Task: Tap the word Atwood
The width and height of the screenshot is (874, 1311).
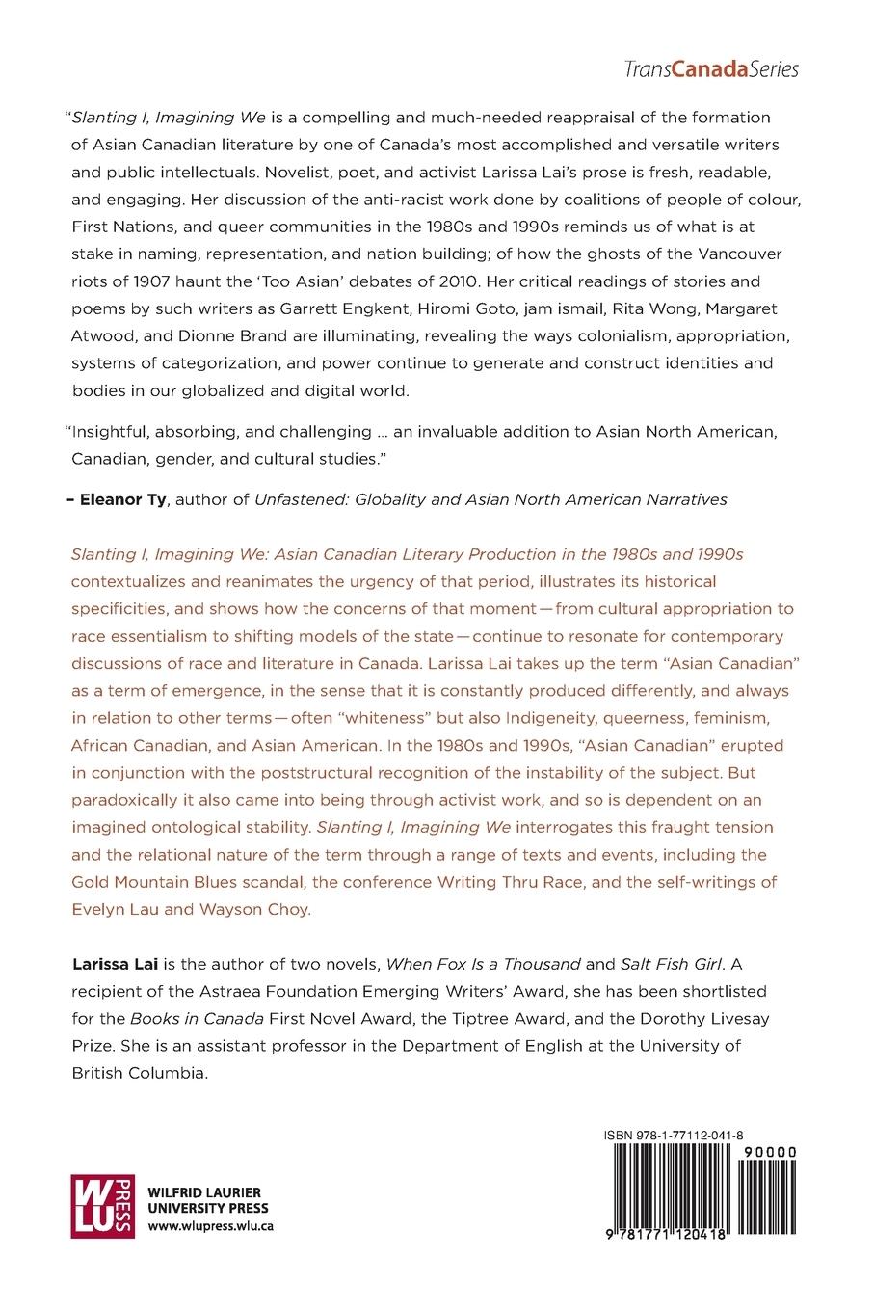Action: click(107, 336)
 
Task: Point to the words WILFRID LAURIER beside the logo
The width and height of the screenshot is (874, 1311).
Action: click(203, 1192)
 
